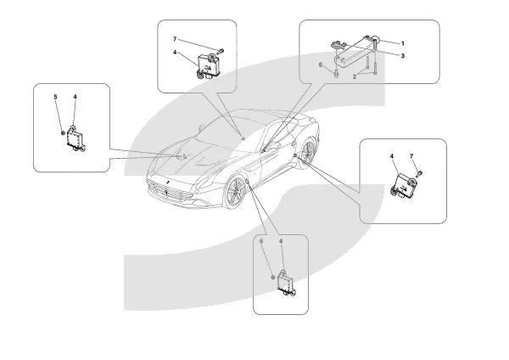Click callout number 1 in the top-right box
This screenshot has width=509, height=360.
point(403,42)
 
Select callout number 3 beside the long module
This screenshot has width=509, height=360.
point(403,55)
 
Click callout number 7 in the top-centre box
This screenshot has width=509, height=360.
point(175,40)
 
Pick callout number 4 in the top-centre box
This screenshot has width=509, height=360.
point(175,53)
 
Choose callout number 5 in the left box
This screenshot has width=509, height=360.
point(56,98)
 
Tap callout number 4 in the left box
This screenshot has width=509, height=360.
point(75,98)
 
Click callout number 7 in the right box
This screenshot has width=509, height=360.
point(412,156)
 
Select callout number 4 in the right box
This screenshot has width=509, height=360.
point(392,156)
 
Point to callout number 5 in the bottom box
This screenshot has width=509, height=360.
point(261,242)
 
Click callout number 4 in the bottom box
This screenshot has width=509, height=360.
point(281,242)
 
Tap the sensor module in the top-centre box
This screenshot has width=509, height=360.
point(209,64)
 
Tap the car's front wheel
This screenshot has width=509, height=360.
point(235,194)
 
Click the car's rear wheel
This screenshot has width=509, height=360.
point(306,155)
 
